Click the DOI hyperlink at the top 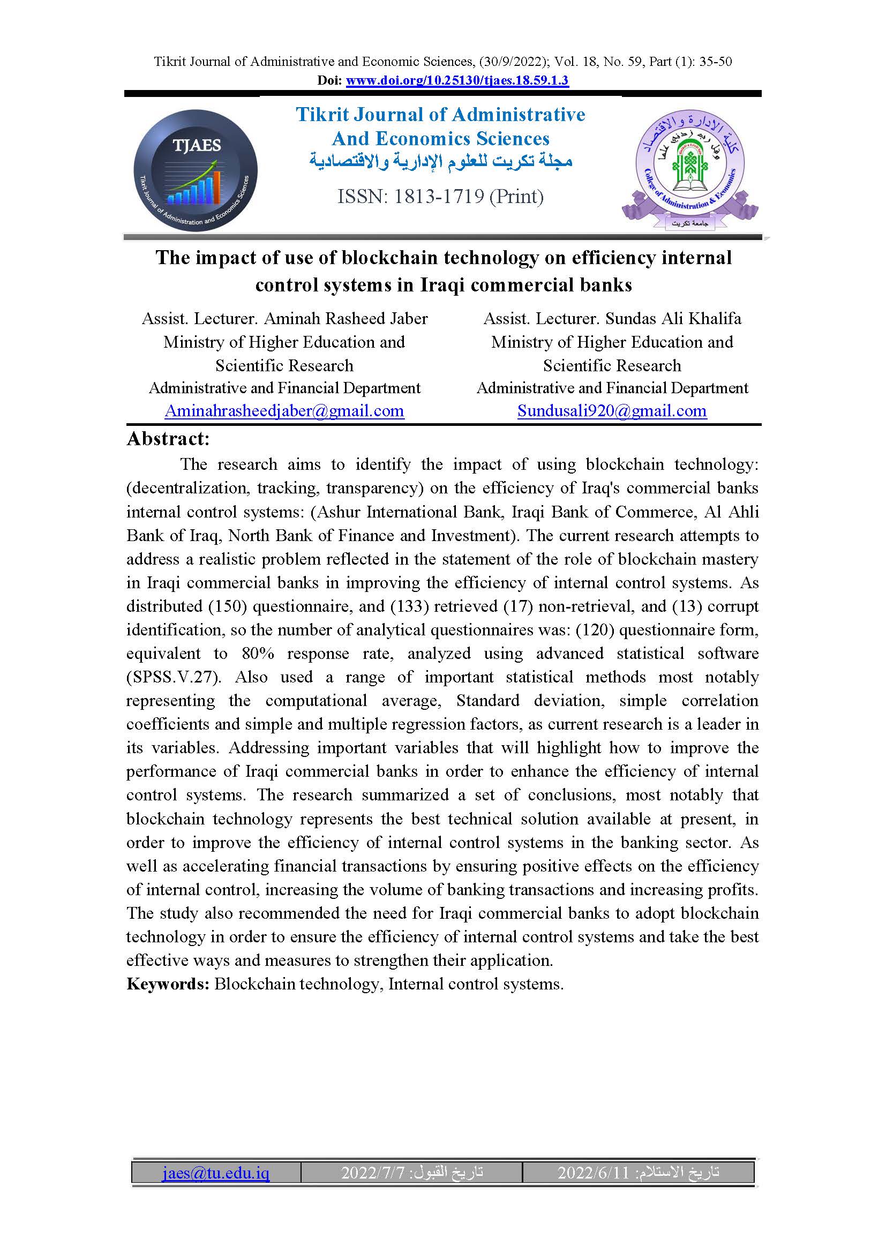[456, 80]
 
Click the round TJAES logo [196, 171]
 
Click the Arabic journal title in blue [441, 162]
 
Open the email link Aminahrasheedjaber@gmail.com [284, 410]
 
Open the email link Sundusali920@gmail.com [612, 410]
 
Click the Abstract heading [168, 438]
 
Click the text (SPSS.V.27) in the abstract [174, 677]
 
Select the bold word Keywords [168, 984]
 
